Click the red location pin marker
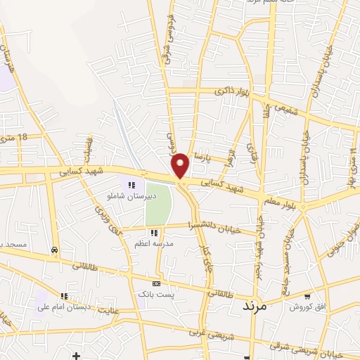coord(181,165)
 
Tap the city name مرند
coord(255,307)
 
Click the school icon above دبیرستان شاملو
coord(131,186)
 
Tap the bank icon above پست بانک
coord(156,283)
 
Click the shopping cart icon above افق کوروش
coord(307,296)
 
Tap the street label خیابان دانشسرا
coord(215,225)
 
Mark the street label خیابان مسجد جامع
coord(288,246)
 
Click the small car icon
coord(55,250)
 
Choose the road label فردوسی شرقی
coord(169,40)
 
